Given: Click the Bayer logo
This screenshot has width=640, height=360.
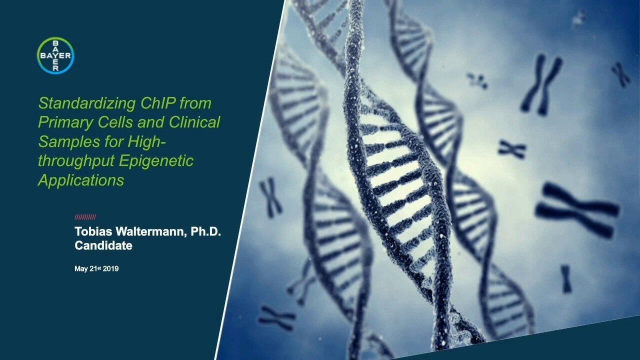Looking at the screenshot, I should click(x=55, y=55).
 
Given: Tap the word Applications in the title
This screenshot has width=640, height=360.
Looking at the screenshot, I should click(x=81, y=180).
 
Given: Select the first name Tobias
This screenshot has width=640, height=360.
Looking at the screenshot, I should click(x=93, y=232).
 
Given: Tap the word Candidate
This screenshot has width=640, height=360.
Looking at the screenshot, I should click(x=103, y=245).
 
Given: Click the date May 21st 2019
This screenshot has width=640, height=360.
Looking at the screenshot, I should click(x=96, y=269).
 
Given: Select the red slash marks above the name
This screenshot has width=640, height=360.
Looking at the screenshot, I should click(x=85, y=217).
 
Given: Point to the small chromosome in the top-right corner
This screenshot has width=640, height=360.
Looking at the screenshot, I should click(x=620, y=74).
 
